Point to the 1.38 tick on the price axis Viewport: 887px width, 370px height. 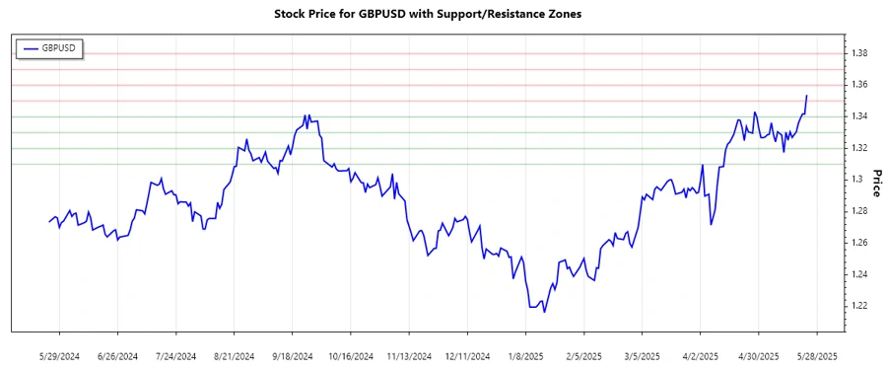pyautogui.click(x=859, y=53)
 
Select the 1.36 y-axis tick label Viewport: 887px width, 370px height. pyautogui.click(x=859, y=85)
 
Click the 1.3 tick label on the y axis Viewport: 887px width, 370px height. pyautogui.click(x=856, y=180)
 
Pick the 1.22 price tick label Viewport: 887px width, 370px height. pyautogui.click(x=859, y=306)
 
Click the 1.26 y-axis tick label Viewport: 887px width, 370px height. pyautogui.click(x=859, y=243)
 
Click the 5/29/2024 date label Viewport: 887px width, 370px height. pyautogui.click(x=58, y=355)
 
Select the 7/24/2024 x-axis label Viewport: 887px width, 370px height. pyautogui.click(x=174, y=355)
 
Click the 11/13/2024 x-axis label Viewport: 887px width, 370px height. pyautogui.click(x=408, y=355)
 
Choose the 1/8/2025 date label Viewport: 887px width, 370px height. pyautogui.click(x=524, y=355)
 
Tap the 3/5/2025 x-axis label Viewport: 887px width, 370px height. pyautogui.click(x=641, y=355)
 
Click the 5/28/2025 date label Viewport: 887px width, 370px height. pyautogui.click(x=815, y=355)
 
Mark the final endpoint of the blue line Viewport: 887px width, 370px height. pyautogui.click(x=807, y=96)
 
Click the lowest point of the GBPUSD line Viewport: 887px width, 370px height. pyautogui.click(x=544, y=313)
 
